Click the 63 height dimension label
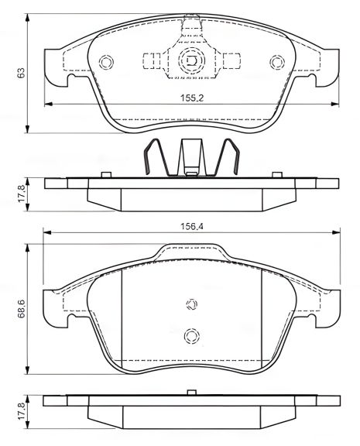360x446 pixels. (x=22, y=71)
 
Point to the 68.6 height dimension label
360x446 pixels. (x=22, y=310)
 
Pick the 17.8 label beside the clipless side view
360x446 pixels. (x=22, y=409)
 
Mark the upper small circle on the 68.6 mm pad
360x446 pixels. (x=191, y=304)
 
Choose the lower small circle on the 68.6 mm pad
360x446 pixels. (x=191, y=335)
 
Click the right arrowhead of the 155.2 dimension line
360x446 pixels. (x=333, y=105)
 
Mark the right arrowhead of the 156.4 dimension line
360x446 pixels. (x=336, y=232)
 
